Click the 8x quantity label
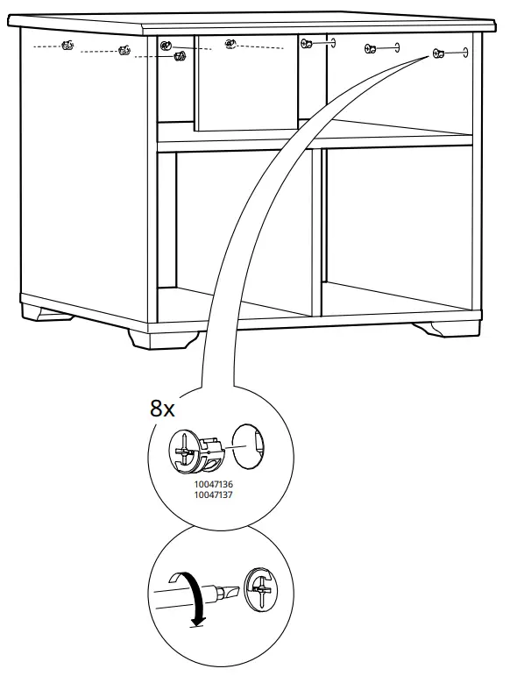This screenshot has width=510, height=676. click(x=162, y=408)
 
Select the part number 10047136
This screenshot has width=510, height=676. click(x=213, y=486)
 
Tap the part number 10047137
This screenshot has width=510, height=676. click(x=213, y=495)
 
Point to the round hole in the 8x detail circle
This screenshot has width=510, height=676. click(x=249, y=446)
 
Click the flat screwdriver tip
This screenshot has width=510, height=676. click(x=230, y=593)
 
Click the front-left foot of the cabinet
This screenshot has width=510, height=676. click(x=165, y=339)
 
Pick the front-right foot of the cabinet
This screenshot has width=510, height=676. click(x=446, y=329)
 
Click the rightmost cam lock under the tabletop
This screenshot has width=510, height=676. click(x=438, y=53)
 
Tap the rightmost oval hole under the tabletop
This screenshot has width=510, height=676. click(x=465, y=52)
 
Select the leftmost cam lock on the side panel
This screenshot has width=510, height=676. click(x=67, y=45)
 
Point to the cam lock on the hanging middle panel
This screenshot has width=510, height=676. click(x=230, y=44)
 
